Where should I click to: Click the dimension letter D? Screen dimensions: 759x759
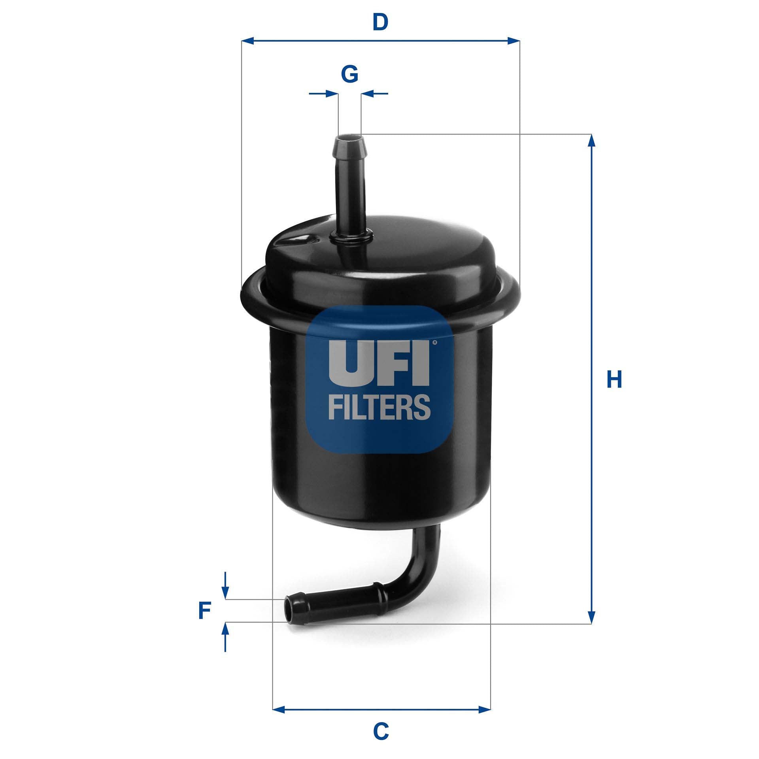tap(380, 23)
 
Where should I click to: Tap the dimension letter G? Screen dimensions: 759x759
tap(350, 74)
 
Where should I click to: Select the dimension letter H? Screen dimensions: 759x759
tap(614, 379)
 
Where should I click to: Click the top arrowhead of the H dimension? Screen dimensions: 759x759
tap(591, 141)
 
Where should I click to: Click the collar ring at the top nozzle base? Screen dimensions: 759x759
tap(351, 238)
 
